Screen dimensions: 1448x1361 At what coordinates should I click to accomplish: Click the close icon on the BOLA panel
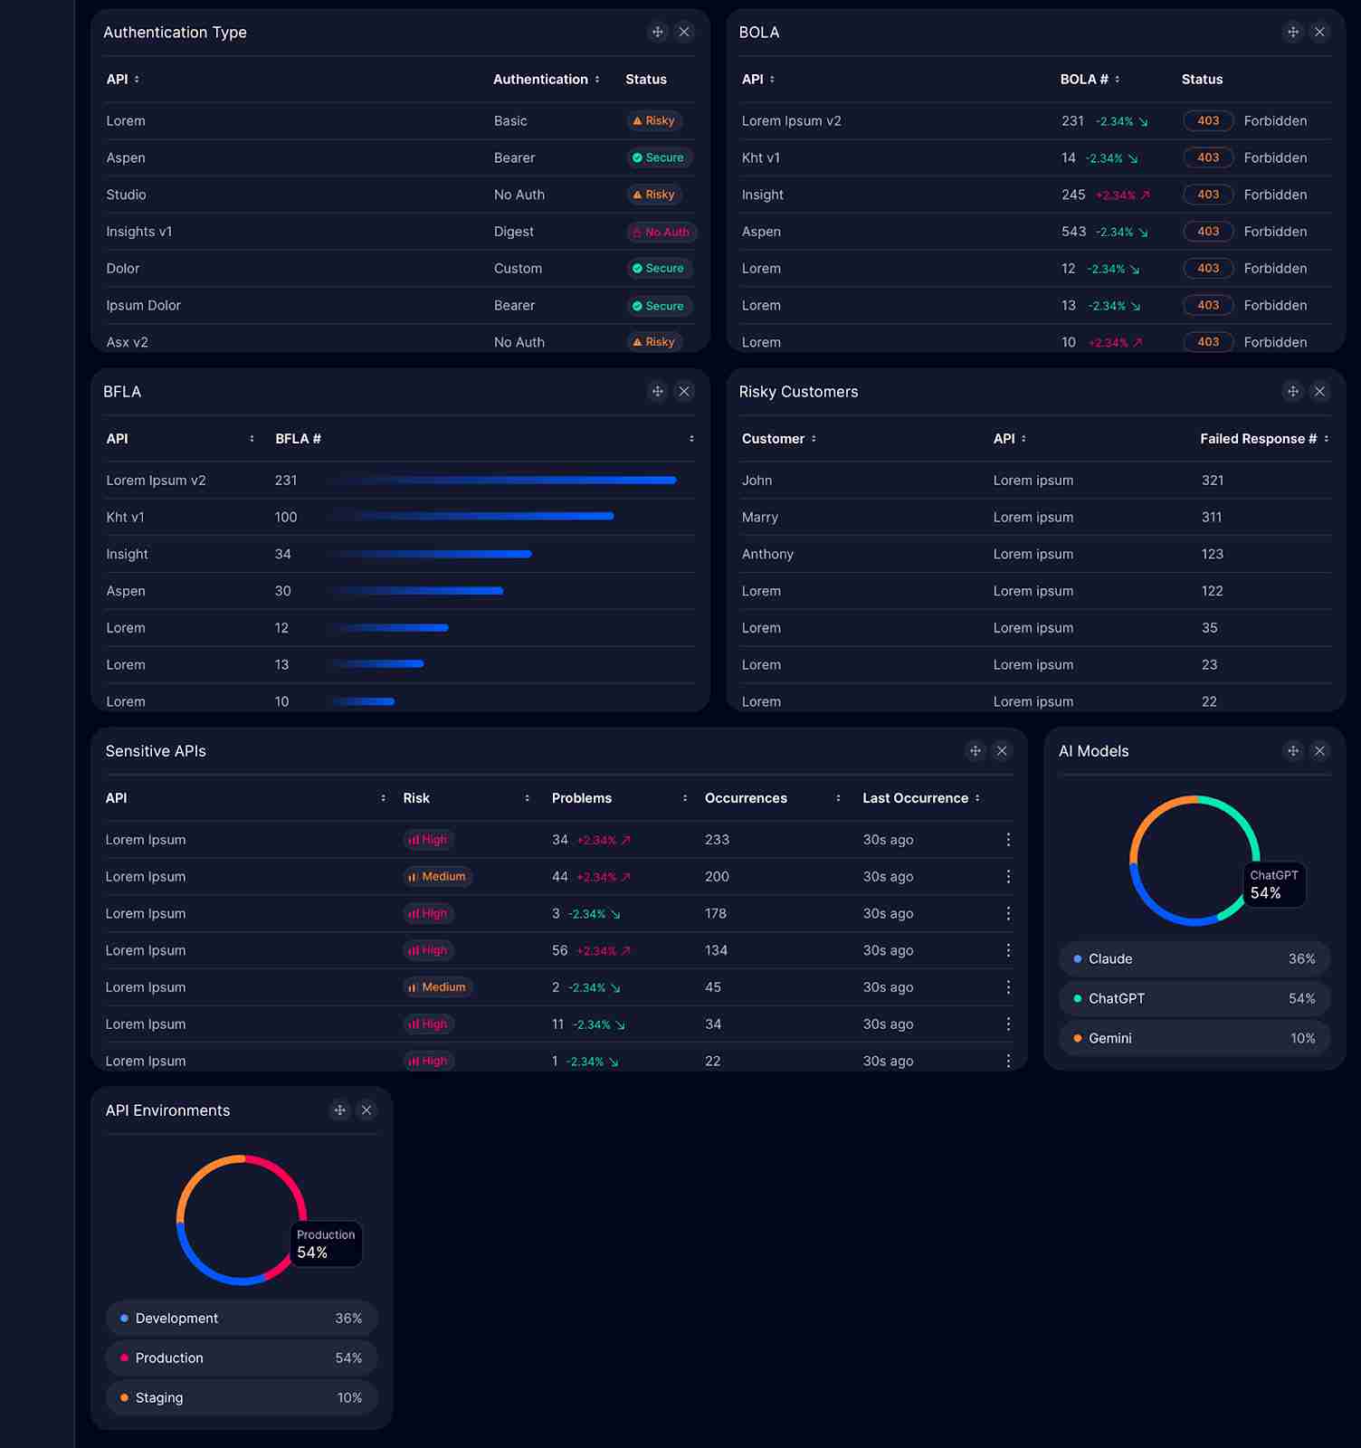(1319, 33)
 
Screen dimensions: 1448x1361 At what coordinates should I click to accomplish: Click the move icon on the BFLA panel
(658, 392)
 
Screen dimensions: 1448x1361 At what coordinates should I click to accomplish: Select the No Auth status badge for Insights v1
(661, 233)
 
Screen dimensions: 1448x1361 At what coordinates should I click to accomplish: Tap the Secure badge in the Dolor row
(659, 269)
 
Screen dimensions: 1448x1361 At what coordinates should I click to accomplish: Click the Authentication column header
(541, 80)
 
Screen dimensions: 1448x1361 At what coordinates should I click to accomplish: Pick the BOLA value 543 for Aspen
(1073, 232)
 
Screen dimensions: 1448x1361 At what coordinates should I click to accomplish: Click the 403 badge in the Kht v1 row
(1208, 157)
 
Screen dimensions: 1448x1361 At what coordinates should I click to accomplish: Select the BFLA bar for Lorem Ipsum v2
(503, 481)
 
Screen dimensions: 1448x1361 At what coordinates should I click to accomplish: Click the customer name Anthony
(767, 554)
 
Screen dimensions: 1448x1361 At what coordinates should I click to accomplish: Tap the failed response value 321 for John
(1213, 481)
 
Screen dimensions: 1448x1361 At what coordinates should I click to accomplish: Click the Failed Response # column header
(1258, 439)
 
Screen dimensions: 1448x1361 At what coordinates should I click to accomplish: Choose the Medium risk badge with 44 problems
(438, 877)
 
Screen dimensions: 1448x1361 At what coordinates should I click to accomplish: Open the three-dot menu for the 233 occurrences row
(1008, 840)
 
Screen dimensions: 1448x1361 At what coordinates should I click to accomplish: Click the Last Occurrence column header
(915, 798)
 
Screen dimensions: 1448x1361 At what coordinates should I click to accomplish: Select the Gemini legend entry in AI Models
(1194, 1038)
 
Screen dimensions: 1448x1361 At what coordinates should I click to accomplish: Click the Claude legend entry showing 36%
(1194, 959)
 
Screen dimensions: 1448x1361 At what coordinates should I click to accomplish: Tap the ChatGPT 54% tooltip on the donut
(1274, 885)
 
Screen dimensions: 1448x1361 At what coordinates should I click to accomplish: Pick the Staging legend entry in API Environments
(242, 1397)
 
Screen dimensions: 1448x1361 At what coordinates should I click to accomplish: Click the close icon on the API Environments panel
(366, 1110)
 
